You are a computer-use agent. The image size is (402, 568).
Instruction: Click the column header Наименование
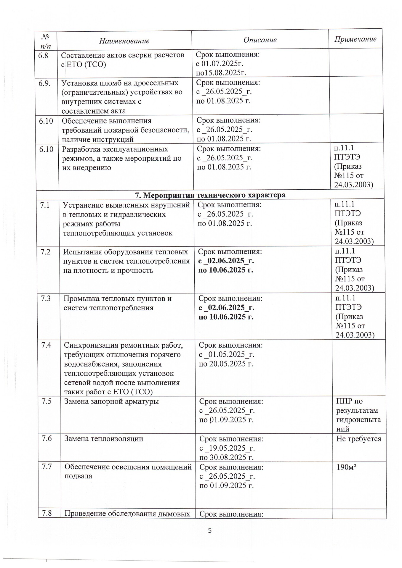point(124,41)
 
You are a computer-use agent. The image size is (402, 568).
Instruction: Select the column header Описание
point(260,40)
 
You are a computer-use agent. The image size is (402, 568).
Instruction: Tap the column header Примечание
point(355,39)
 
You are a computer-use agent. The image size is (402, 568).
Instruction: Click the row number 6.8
point(43,55)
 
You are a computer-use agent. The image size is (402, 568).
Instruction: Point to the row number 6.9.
point(44,83)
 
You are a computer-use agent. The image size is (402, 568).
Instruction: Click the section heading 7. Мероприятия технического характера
point(210,195)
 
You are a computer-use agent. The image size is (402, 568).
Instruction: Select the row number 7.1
point(45,205)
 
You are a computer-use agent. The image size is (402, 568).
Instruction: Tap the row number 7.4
point(46,345)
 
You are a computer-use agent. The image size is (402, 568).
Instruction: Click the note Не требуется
point(358,438)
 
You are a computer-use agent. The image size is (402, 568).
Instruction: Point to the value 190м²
point(346,467)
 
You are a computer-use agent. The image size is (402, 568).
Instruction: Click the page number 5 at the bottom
point(210,530)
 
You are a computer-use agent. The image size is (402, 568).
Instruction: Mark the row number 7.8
point(47,513)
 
